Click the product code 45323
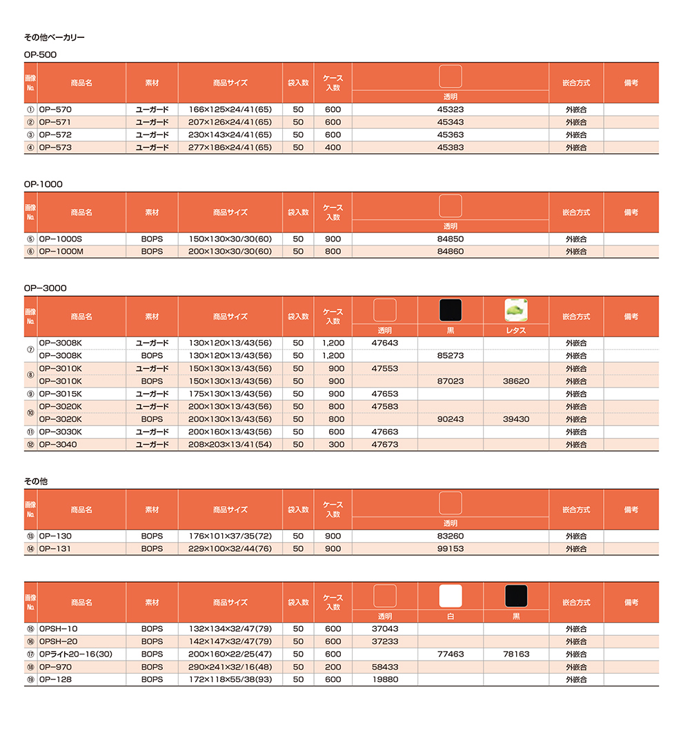pyautogui.click(x=450, y=109)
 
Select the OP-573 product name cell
pyautogui.click(x=55, y=148)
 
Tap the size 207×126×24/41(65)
pyautogui.click(x=230, y=122)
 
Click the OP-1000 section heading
pyautogui.click(x=43, y=184)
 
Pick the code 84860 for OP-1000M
pyautogui.click(x=450, y=252)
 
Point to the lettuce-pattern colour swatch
pyautogui.click(x=516, y=310)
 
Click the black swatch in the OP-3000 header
pyautogui.click(x=451, y=310)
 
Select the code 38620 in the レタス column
pyautogui.click(x=516, y=381)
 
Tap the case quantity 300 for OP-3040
pyautogui.click(x=333, y=445)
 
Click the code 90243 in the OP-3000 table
pyautogui.click(x=451, y=419)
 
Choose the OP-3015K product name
pyautogui.click(x=61, y=394)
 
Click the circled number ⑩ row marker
pyautogui.click(x=30, y=413)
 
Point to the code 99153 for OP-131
pyautogui.click(x=450, y=549)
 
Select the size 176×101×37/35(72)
pyautogui.click(x=230, y=536)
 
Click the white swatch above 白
pyautogui.click(x=451, y=596)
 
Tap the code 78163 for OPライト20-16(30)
pyautogui.click(x=516, y=654)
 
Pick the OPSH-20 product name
pyautogui.click(x=59, y=641)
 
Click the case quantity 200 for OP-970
pyautogui.click(x=333, y=668)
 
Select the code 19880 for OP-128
pyautogui.click(x=384, y=680)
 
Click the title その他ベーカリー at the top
pyautogui.click(x=55, y=37)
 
